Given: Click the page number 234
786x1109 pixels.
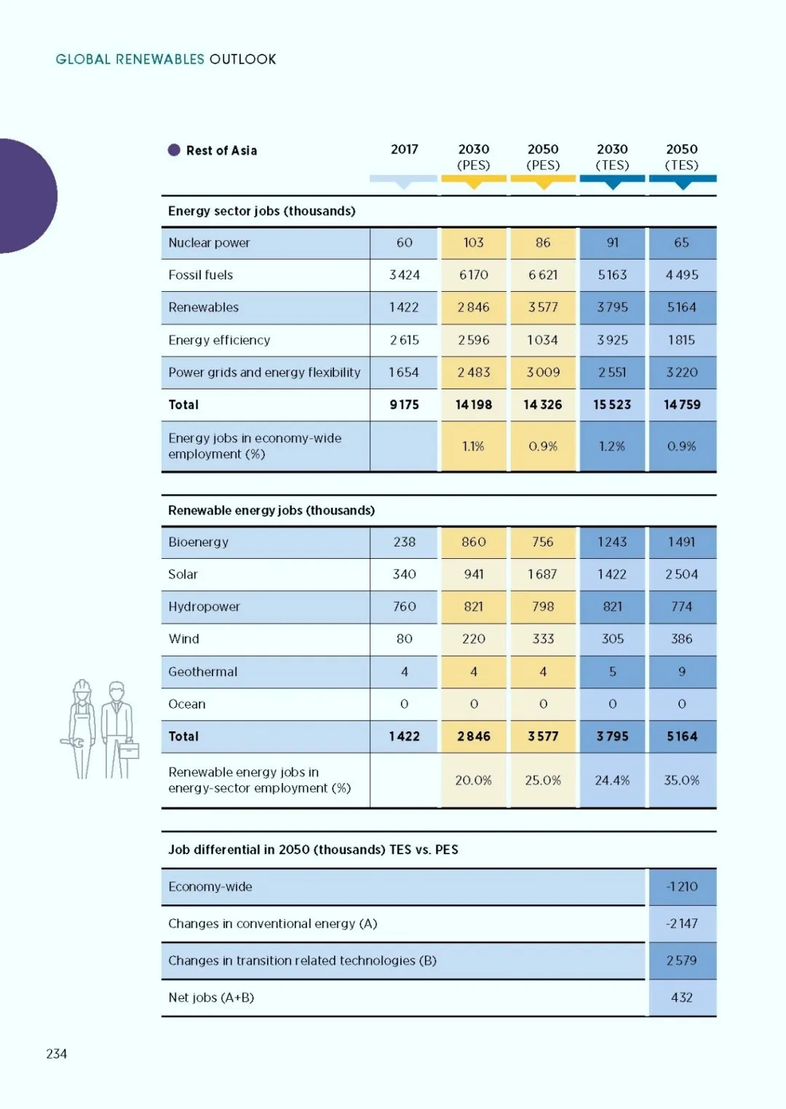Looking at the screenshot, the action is pyautogui.click(x=57, y=1054).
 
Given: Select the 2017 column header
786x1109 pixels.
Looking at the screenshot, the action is pyautogui.click(x=404, y=149).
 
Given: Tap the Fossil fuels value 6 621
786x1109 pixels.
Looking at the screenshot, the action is pyautogui.click(x=543, y=275).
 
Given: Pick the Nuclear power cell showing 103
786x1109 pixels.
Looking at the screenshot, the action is pyautogui.click(x=474, y=242).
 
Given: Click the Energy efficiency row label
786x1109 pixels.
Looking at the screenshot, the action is pyautogui.click(x=219, y=340).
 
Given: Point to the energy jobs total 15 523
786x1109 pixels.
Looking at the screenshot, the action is pyautogui.click(x=612, y=405).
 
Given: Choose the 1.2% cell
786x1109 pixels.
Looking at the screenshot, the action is pyautogui.click(x=612, y=447).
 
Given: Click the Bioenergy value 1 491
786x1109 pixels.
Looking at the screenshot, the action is pyautogui.click(x=681, y=542).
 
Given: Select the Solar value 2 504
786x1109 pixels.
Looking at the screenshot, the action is pyautogui.click(x=681, y=574).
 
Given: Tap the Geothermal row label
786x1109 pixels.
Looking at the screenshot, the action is pyautogui.click(x=202, y=672).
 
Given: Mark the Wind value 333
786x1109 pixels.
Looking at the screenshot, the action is pyautogui.click(x=543, y=639).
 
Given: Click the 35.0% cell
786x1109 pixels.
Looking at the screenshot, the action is pyautogui.click(x=681, y=781).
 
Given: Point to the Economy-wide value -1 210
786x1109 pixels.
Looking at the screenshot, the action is pyautogui.click(x=681, y=887).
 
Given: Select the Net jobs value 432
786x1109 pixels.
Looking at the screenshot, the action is pyautogui.click(x=681, y=998).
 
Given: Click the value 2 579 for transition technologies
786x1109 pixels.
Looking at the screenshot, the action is pyautogui.click(x=681, y=961).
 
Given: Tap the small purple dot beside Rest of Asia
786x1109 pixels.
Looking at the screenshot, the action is pyautogui.click(x=174, y=150).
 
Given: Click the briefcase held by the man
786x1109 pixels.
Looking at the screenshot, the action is pyautogui.click(x=129, y=750).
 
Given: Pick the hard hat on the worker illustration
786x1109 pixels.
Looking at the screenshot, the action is pyautogui.click(x=82, y=686).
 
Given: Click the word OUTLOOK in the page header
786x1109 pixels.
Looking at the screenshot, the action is pyautogui.click(x=242, y=60).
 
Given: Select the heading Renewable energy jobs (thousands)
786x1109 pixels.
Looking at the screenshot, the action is pyautogui.click(x=271, y=510).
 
